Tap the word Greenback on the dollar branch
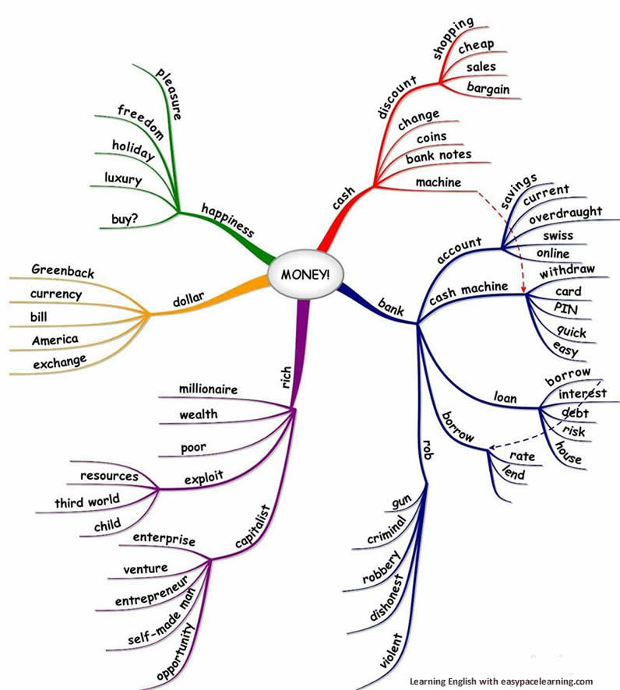pyautogui.click(x=63, y=271)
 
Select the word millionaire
pyautogui.click(x=208, y=388)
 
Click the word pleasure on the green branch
pyautogui.click(x=170, y=93)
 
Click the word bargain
pyautogui.click(x=488, y=89)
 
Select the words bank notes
pyautogui.click(x=439, y=155)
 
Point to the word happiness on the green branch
pyautogui.click(x=228, y=219)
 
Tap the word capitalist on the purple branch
pyautogui.click(x=253, y=526)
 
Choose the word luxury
pyautogui.click(x=123, y=179)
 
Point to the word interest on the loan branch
pyautogui.click(x=582, y=393)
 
